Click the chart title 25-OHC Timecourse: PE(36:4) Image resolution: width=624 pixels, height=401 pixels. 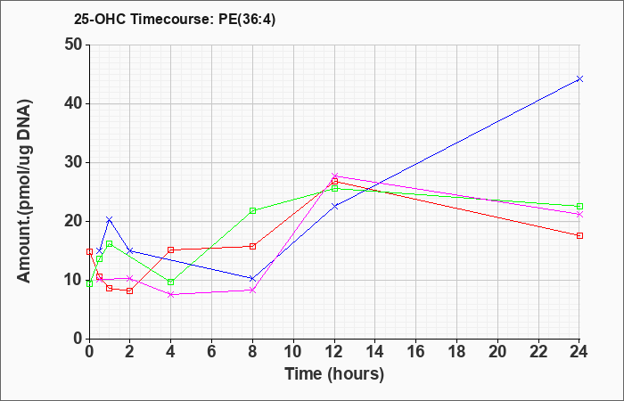(x=175, y=19)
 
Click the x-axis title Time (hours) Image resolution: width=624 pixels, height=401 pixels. (x=334, y=374)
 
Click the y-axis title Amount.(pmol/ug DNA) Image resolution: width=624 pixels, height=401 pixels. (x=25, y=192)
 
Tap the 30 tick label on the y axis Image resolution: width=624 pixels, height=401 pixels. (x=73, y=162)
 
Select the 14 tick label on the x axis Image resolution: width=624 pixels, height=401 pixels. (x=375, y=352)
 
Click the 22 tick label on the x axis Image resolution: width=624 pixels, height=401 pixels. (x=538, y=352)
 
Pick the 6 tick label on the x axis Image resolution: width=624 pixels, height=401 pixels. (x=212, y=352)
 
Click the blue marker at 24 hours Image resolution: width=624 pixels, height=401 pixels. (x=579, y=78)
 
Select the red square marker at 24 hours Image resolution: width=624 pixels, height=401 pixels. (x=579, y=235)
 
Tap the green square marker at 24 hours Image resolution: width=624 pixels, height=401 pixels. (x=579, y=206)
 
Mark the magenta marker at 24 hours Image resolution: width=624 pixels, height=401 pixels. (x=579, y=215)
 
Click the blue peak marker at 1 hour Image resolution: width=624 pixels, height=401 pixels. (x=110, y=219)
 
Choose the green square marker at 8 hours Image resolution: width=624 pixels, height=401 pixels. (x=252, y=210)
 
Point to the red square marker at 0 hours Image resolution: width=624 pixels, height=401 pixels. (x=89, y=251)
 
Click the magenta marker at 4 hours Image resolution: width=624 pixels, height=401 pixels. (x=171, y=294)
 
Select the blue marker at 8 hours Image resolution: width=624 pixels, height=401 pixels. (x=252, y=278)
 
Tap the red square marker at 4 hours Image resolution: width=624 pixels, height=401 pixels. (x=171, y=250)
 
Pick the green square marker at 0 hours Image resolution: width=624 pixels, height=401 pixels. (x=89, y=283)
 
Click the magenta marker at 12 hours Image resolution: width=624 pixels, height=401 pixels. (x=334, y=176)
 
